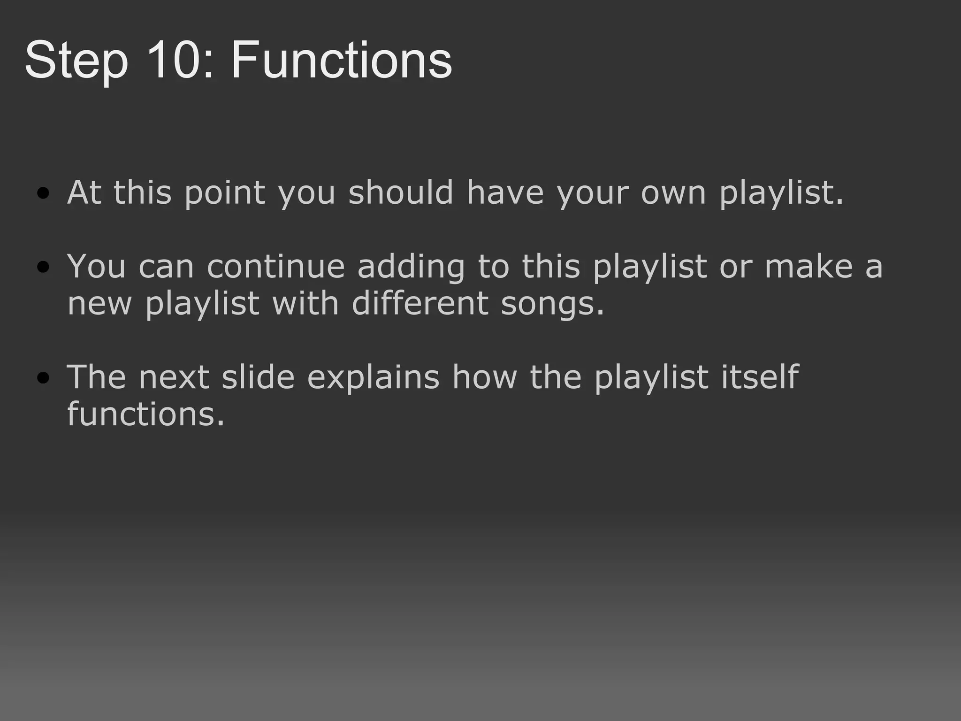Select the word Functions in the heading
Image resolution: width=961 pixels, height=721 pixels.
pos(341,61)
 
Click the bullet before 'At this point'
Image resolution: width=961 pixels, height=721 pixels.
pos(43,193)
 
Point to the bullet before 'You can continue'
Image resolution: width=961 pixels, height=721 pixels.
pos(43,267)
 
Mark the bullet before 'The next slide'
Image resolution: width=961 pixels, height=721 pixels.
pos(43,378)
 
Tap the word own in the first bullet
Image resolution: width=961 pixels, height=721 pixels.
pos(673,193)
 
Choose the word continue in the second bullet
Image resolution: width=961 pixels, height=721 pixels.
pos(275,267)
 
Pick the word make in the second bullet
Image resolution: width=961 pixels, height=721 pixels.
pos(808,267)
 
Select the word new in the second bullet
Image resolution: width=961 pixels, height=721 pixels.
pos(99,304)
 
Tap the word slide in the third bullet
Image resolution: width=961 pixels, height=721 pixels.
pos(258,377)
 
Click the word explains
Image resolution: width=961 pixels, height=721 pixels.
pos(373,378)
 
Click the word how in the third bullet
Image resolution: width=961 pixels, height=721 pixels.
pos(484,377)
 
